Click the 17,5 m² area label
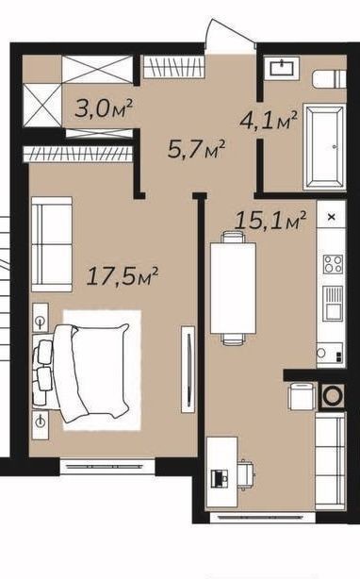[123, 276]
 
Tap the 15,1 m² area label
[270, 221]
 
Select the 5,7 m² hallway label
[196, 149]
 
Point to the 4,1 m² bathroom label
[269, 120]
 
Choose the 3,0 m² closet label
[104, 108]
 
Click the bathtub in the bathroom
[324, 147]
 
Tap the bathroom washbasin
[282, 68]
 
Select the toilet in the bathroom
[329, 79]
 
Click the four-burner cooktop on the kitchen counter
[333, 264]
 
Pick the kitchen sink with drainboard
[333, 304]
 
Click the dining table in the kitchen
[233, 288]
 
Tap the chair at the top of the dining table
[233, 237]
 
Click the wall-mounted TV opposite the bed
[188, 370]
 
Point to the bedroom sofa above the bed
[52, 244]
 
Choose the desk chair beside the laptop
[246, 473]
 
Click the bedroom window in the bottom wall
[107, 467]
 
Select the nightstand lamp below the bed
[41, 424]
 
